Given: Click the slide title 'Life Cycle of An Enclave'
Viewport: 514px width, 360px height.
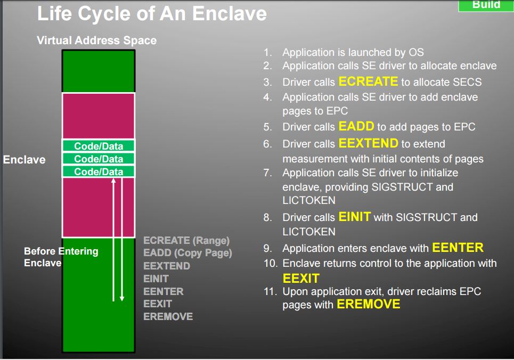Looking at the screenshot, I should point(152,13).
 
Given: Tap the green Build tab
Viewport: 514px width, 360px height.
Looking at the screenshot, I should point(486,5).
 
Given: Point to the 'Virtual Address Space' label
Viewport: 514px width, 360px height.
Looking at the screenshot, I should point(96,40).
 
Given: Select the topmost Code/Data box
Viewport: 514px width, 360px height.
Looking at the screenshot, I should point(99,146).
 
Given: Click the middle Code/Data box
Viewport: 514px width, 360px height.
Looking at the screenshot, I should point(99,159).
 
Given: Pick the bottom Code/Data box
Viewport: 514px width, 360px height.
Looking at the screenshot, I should point(99,171).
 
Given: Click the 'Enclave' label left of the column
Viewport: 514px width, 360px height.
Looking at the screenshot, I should point(24,160).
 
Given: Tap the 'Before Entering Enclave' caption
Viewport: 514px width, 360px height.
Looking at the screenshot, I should point(61,257).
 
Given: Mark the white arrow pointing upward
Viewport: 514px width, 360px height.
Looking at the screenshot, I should point(113,240).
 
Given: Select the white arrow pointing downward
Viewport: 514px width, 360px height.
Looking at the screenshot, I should point(122,240).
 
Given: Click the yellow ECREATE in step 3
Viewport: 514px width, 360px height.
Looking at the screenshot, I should point(368,81).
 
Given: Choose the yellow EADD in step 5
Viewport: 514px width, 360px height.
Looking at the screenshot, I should point(356,127).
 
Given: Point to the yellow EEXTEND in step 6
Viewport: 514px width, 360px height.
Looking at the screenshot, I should point(368,143).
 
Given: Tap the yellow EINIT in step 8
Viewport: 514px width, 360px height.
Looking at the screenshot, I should point(355,217).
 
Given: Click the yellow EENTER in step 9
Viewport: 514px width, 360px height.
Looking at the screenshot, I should point(458,248).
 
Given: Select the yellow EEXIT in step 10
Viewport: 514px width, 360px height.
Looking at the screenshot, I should point(301,279).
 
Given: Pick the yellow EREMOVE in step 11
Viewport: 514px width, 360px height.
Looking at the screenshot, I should point(368,305).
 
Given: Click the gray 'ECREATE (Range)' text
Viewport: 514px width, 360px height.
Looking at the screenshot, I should point(186,241).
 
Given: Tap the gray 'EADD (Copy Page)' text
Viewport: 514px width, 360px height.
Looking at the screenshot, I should point(187,253).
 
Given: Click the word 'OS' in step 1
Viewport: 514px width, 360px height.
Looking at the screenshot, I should point(416,52).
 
